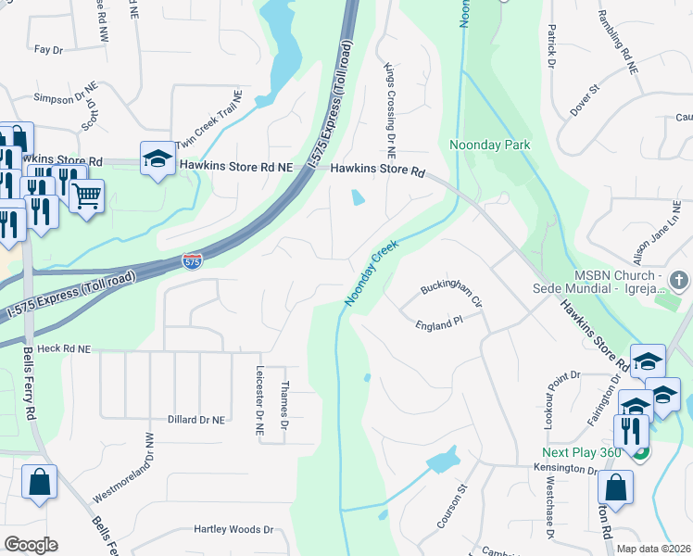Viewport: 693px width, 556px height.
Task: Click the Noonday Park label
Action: coord(489,145)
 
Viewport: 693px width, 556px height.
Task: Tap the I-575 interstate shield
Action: coord(192,262)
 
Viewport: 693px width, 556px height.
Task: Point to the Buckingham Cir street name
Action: coord(452,295)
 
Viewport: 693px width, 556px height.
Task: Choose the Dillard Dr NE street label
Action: coord(195,420)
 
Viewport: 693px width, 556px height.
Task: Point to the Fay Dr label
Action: coord(47,48)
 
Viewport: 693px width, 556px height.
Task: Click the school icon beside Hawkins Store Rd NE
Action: coord(157,158)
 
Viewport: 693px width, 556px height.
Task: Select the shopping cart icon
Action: coord(86,196)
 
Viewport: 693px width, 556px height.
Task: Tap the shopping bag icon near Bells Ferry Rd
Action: coord(39,483)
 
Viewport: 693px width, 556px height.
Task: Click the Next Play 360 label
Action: coord(579,452)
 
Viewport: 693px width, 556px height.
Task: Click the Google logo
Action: coord(31,545)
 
